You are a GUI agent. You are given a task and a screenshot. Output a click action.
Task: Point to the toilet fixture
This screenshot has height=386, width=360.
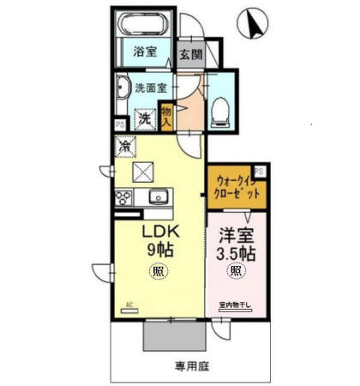pos(220,107)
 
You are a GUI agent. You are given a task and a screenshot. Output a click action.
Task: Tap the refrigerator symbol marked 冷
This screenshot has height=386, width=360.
pos(125,148)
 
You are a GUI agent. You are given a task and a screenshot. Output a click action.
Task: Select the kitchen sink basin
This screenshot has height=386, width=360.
pos(158,199)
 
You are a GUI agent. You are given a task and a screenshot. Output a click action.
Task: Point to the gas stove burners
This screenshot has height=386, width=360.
pos(125,199)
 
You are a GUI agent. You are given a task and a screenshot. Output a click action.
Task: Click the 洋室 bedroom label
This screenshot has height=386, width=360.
pos(234,233)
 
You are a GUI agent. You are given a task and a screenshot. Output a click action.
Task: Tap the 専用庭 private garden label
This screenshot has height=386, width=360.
pos(192,365)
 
